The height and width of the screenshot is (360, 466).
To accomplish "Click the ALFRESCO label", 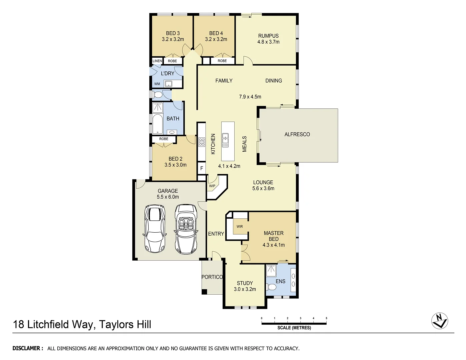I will pyautogui.click(x=297, y=134).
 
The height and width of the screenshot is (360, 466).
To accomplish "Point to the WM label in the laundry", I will pyautogui.click(x=157, y=84).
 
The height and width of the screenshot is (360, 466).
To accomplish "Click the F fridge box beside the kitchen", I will pyautogui.click(x=201, y=168).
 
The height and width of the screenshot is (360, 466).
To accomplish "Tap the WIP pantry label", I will pyautogui.click(x=212, y=186).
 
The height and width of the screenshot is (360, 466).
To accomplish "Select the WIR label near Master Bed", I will pyautogui.click(x=240, y=227).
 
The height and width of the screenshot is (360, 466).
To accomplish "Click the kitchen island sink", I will pyautogui.click(x=225, y=140).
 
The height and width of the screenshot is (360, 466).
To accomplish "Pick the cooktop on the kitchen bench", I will pyautogui.click(x=202, y=142).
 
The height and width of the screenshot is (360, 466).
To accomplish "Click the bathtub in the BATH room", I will pyautogui.click(x=157, y=124).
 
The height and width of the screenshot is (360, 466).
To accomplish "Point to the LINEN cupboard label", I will pyautogui.click(x=157, y=61).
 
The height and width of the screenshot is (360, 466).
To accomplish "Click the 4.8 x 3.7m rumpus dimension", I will pyautogui.click(x=268, y=42).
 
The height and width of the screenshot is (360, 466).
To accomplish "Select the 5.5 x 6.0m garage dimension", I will pyautogui.click(x=168, y=197).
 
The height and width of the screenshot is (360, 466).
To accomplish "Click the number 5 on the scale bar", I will pyautogui.click(x=326, y=318).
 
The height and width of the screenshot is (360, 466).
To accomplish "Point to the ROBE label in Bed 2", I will pyautogui.click(x=164, y=139).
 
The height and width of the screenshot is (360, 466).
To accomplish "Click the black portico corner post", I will pyautogui.click(x=204, y=292).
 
